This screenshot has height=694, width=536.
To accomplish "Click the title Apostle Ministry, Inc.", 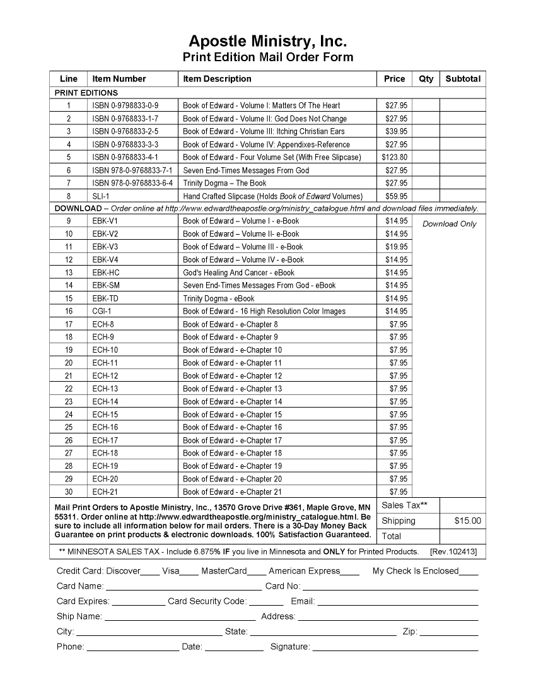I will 268,42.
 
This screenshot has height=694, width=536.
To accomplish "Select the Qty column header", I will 426,79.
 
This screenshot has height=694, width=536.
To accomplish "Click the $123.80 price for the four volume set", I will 395,157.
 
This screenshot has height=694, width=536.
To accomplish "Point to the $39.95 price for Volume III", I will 396,131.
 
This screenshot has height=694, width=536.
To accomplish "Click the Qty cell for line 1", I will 426,105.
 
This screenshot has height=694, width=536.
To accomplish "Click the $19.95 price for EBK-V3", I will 396,247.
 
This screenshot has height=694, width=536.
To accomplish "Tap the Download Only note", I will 449,224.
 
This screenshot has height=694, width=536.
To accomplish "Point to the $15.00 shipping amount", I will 467,520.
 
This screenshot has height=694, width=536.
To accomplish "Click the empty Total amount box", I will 462,536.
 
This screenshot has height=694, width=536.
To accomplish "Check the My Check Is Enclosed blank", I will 469,573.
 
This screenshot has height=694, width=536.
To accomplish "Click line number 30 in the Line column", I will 69,491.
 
